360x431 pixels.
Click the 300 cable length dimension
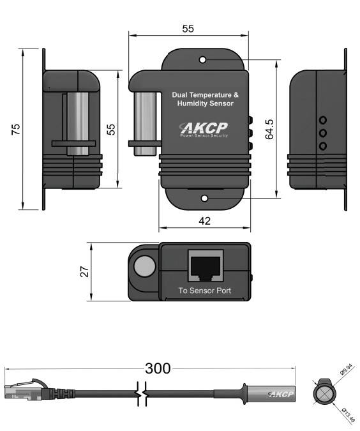158,368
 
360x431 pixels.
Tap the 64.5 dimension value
269,129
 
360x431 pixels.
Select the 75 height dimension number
16,129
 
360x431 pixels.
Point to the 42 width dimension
204,221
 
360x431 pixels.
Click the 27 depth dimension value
85,271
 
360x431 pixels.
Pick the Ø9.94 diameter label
346,369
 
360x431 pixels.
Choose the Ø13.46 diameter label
348,415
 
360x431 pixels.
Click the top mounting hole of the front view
202,59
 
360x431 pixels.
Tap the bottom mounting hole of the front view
204,198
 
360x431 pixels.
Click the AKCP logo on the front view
204,130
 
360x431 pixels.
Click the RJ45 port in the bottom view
206,266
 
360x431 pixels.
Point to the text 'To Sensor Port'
205,291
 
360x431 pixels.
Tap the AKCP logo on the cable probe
281,394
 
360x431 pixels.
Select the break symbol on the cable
142,393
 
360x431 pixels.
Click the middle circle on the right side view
323,133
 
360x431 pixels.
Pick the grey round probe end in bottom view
144,266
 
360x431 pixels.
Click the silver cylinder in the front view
145,124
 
